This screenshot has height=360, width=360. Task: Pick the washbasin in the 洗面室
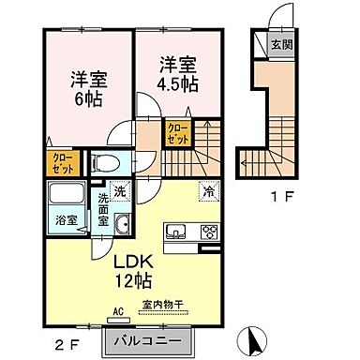125,225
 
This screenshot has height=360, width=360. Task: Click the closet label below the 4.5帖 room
177,132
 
